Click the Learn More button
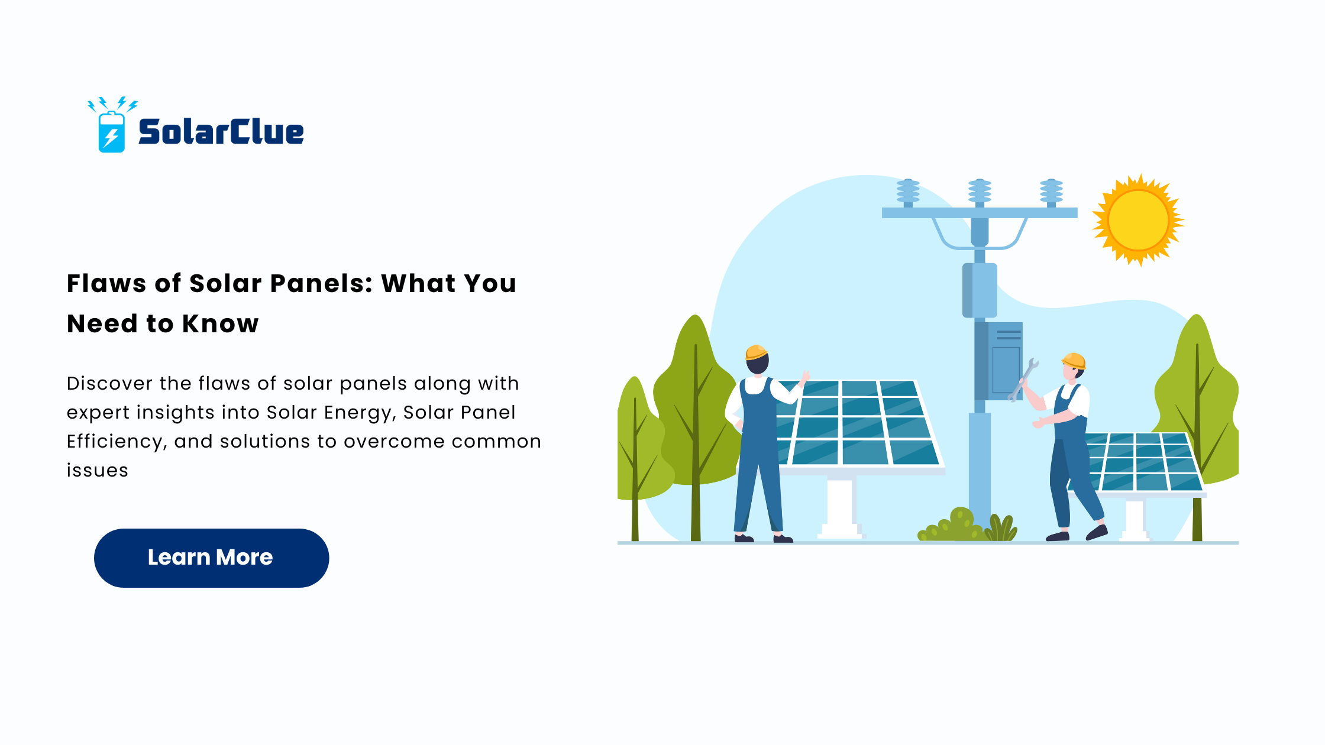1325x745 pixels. pyautogui.click(x=211, y=558)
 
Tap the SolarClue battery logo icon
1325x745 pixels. pyautogui.click(x=112, y=125)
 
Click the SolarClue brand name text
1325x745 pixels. pyautogui.click(x=221, y=131)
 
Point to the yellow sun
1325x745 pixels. pyautogui.click(x=1138, y=220)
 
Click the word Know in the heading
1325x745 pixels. pyautogui.click(x=221, y=323)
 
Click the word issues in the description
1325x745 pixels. pyautogui.click(x=98, y=471)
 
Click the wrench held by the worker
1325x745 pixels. pyautogui.click(x=1023, y=380)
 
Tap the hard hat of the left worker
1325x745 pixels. pyautogui.click(x=756, y=352)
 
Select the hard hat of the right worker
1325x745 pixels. pyautogui.click(x=1074, y=361)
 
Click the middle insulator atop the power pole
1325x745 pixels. pyautogui.click(x=980, y=193)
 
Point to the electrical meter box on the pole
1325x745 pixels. pyautogui.click(x=1005, y=360)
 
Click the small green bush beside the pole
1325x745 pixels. pyautogui.click(x=952, y=525)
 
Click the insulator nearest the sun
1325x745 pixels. pyautogui.click(x=1051, y=193)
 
